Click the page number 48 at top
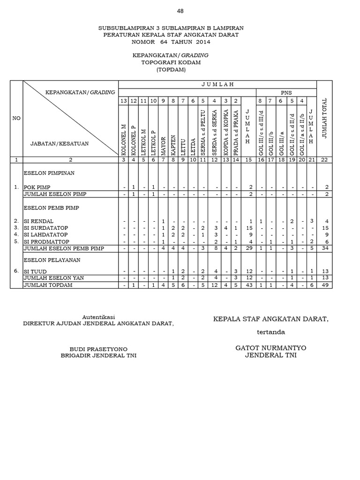pyautogui.click(x=180, y=11)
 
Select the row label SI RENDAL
pyautogui.click(x=39, y=221)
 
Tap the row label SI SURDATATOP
pyautogui.click(x=45, y=228)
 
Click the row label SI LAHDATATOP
pyautogui.click(x=45, y=234)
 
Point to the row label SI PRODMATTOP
pyautogui.click(x=46, y=241)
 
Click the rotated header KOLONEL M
pyautogui.click(x=124, y=139)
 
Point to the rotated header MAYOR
pyautogui.click(x=163, y=146)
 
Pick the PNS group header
pyautogui.click(x=286, y=93)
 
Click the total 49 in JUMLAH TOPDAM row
pyautogui.click(x=325, y=285)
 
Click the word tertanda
pyautogui.click(x=270, y=332)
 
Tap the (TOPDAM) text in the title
pyautogui.click(x=171, y=70)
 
